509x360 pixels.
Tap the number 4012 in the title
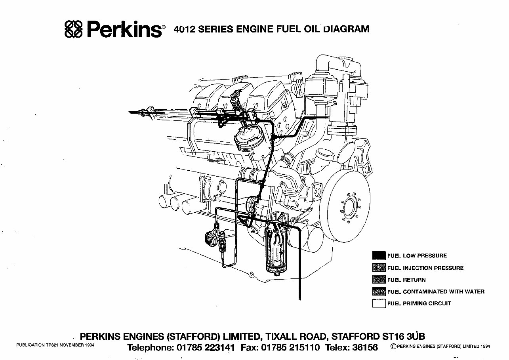coord(185,29)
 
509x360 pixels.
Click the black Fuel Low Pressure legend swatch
coord(379,256)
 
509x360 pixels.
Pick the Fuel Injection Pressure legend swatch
coord(379,268)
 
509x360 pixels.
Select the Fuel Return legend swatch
coord(379,280)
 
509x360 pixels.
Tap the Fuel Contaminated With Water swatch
coord(379,292)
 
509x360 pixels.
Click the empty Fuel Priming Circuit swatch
coord(379,304)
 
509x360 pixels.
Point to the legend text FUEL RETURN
coord(406,280)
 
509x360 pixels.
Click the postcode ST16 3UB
coord(403,337)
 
